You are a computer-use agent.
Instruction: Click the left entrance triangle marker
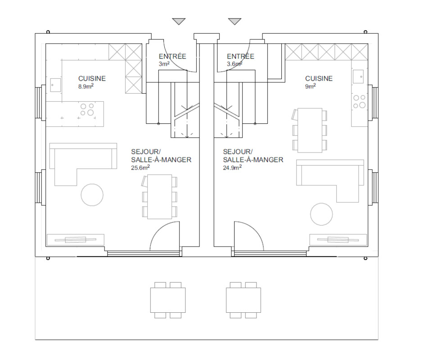[x=179, y=21]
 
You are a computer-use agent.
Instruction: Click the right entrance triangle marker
[x=235, y=21]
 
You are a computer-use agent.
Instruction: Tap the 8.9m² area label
[x=86, y=86]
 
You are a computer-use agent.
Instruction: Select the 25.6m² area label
[x=140, y=167]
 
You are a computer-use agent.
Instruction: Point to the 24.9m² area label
[x=232, y=167]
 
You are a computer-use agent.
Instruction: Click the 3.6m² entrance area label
[x=235, y=64]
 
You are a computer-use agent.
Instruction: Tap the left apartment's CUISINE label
[x=92, y=79]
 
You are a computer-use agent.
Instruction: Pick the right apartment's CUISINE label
[x=319, y=79]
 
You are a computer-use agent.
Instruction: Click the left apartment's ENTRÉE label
[x=172, y=57]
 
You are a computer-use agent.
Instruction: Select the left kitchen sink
[x=55, y=85]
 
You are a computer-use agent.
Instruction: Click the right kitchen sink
[x=358, y=76]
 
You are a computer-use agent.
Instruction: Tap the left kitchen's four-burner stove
[x=87, y=109]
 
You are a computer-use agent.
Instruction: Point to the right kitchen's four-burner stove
[x=359, y=101]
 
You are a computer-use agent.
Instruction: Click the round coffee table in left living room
[x=92, y=195]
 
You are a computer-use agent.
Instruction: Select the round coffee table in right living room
[x=321, y=214]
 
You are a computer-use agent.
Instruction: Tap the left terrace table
[x=168, y=300]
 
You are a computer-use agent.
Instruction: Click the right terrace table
[x=244, y=300]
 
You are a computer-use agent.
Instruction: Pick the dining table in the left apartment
[x=159, y=197]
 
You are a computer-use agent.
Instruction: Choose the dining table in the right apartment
[x=310, y=130]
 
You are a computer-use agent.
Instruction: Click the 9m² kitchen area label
[x=311, y=86]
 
